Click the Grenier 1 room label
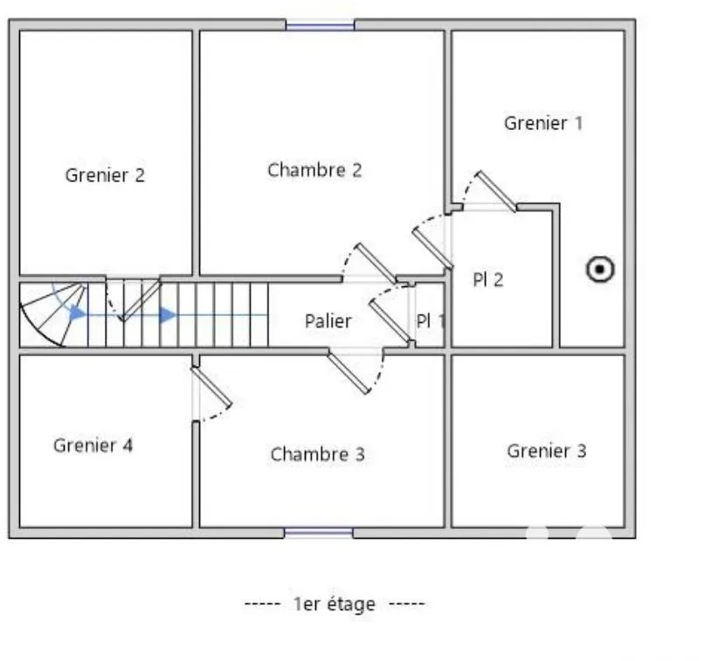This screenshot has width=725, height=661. (x=543, y=123)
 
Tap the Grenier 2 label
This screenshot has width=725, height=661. (x=105, y=176)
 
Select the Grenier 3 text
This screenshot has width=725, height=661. (x=547, y=451)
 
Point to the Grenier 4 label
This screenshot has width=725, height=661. (x=93, y=445)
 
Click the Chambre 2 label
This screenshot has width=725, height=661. (x=314, y=170)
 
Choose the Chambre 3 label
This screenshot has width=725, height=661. (x=318, y=454)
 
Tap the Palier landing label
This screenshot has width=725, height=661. (x=328, y=320)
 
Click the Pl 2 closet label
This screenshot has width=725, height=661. (x=488, y=279)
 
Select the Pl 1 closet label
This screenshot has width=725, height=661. (x=431, y=320)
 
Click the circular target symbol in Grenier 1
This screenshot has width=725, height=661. (x=600, y=269)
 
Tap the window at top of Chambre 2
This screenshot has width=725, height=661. (x=320, y=25)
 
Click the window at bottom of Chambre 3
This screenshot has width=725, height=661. (x=319, y=533)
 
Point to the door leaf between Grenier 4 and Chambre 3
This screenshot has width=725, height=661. (x=211, y=387)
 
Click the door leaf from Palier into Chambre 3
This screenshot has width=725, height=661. (x=349, y=372)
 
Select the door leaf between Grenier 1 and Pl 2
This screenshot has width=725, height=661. (x=496, y=191)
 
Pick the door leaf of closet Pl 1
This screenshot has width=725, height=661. (x=390, y=322)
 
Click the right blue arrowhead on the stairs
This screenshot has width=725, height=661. (x=168, y=315)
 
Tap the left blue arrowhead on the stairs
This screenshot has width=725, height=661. (x=78, y=313)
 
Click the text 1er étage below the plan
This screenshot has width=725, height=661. (x=335, y=604)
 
